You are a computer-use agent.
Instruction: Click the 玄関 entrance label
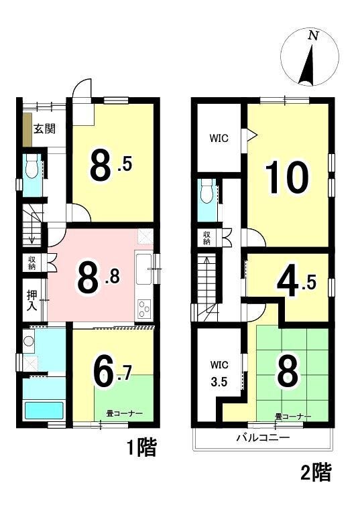click(45, 129)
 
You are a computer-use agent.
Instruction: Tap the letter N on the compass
click(312, 35)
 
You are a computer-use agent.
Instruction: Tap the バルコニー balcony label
click(263, 437)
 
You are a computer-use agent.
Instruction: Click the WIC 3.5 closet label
click(219, 374)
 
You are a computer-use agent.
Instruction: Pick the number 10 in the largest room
click(286, 177)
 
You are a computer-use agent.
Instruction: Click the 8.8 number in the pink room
click(98, 278)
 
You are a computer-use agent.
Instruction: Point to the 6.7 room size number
click(111, 373)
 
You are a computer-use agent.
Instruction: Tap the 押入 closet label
click(32, 300)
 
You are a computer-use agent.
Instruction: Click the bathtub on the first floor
click(44, 410)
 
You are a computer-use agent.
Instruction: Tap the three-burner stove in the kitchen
click(143, 309)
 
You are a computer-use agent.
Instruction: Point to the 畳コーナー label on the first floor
click(125, 414)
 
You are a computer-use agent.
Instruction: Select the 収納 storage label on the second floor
click(206, 238)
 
